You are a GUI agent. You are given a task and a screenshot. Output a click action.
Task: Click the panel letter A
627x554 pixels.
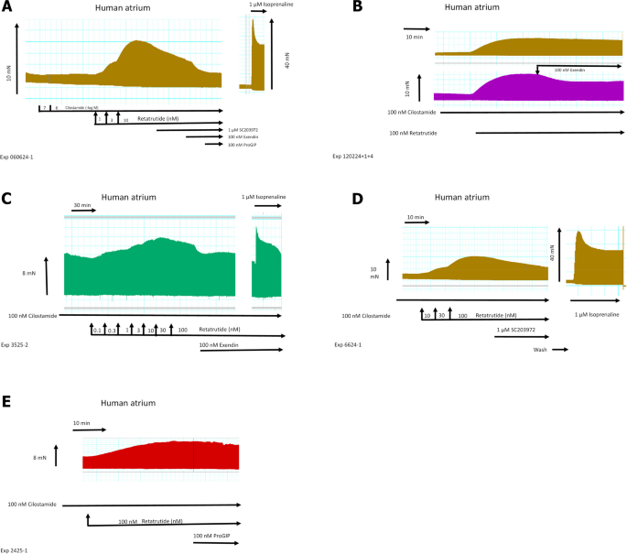coord(7,8)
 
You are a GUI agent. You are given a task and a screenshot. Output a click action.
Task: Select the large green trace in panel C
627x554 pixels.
coord(146,270)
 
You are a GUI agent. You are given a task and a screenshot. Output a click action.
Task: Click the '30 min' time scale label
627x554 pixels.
coord(84,205)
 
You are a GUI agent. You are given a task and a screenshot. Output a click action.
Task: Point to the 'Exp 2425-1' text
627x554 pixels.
coord(17,549)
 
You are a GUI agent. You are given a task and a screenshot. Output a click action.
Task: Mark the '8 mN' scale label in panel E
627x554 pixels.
coord(38,456)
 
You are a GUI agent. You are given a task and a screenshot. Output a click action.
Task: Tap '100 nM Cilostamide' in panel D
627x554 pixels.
coord(365,315)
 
